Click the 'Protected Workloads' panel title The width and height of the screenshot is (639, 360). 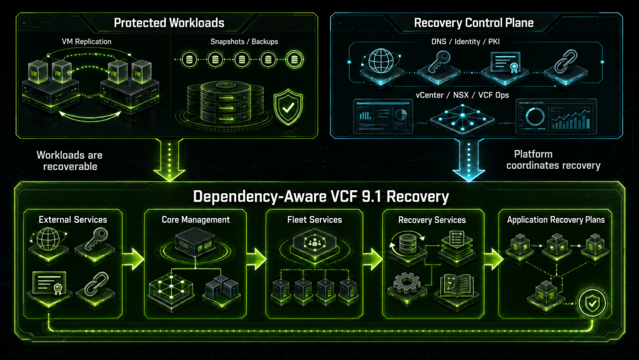[x=169, y=23]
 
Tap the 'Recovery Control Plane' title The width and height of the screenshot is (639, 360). [x=473, y=23]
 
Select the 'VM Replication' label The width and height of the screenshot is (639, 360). [x=86, y=42]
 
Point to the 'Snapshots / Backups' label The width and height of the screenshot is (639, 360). [x=244, y=42]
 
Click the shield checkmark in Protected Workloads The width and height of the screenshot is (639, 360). [x=288, y=107]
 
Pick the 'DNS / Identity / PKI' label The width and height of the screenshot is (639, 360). [x=465, y=42]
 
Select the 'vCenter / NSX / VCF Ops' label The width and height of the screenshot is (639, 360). [x=462, y=95]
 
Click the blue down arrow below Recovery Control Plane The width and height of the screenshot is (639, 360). [x=468, y=160]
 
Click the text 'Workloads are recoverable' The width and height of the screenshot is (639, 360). [x=70, y=161]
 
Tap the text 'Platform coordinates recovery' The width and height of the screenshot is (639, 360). [x=553, y=160]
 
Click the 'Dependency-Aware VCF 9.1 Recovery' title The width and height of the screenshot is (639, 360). [x=320, y=196]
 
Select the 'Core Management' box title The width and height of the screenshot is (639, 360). [x=196, y=220]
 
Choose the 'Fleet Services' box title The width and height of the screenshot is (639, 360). [x=315, y=220]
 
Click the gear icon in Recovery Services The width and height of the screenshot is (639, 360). [x=406, y=282]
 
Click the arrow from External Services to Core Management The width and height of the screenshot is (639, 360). [x=133, y=259]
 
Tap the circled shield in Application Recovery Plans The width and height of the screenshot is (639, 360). [x=592, y=303]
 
